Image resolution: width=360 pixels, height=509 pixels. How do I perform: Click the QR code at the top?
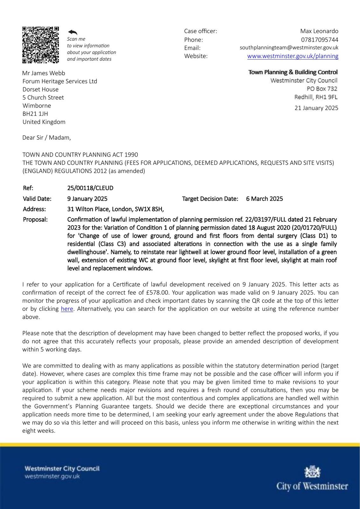(x=40, y=45)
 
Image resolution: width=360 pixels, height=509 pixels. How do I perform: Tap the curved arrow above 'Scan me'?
(x=73, y=32)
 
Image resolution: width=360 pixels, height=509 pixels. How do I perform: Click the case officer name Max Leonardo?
(x=319, y=31)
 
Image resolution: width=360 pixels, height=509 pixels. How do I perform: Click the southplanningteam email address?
(x=289, y=48)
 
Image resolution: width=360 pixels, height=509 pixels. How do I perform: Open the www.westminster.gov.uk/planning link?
(x=293, y=56)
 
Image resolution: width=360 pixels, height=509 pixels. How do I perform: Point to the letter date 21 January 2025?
(x=316, y=108)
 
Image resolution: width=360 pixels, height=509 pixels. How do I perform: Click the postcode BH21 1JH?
(x=35, y=114)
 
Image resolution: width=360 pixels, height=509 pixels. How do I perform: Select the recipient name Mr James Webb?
(x=44, y=73)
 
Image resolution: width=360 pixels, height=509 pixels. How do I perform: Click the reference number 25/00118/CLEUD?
(x=90, y=188)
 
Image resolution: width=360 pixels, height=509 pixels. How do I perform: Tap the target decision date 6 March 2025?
(x=264, y=199)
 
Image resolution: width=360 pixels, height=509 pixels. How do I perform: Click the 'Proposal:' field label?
(x=35, y=220)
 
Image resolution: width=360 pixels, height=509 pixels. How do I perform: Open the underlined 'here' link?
(x=67, y=309)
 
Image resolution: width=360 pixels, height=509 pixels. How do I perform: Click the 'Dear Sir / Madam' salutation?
(x=46, y=138)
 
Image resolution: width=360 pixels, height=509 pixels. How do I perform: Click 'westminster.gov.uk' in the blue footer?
(x=52, y=477)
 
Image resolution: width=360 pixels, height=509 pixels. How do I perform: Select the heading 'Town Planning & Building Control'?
(x=293, y=72)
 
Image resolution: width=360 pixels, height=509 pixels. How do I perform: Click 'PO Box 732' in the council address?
(x=322, y=89)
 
